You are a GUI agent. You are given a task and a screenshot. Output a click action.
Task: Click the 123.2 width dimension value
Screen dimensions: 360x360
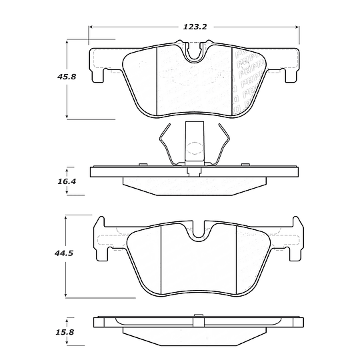click(193, 27)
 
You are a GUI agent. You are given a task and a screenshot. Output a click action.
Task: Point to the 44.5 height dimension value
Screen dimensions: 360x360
click(65, 253)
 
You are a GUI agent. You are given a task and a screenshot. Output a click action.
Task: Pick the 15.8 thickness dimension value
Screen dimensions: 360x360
click(65, 329)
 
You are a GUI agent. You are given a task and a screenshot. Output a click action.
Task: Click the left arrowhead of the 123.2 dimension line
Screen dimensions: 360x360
click(92, 27)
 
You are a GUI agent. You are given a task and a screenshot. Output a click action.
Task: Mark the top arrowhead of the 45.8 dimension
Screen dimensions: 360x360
click(68, 41)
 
